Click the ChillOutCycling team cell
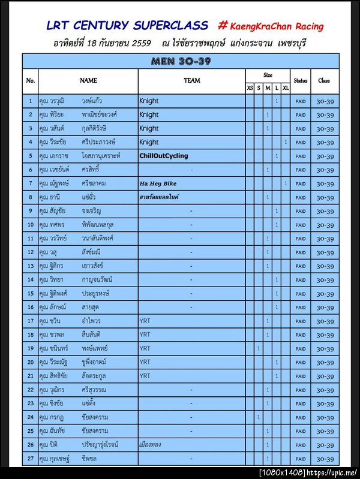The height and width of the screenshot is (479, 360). [x=163, y=156]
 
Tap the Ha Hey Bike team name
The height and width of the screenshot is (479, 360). [x=158, y=183]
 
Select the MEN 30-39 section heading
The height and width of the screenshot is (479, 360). [x=181, y=61]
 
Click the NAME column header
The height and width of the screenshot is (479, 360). [x=88, y=80]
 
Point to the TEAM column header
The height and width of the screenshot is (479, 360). [x=192, y=80]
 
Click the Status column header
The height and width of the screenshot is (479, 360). [x=301, y=80]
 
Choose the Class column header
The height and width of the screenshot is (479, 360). [x=324, y=80]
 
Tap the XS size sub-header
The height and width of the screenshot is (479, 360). [x=250, y=88]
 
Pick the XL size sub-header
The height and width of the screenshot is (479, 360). [x=286, y=88]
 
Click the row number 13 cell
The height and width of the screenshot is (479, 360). [x=30, y=266]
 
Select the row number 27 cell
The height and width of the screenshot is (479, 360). [x=30, y=459]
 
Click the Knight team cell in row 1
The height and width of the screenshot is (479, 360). [x=149, y=101]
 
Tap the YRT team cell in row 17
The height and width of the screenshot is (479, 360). [x=145, y=321]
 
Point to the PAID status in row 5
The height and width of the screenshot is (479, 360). [x=301, y=156]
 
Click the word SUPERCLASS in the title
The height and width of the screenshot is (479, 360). [x=171, y=25]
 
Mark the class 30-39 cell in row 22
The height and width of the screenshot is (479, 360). [x=325, y=390]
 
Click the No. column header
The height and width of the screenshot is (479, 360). [x=31, y=80]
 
